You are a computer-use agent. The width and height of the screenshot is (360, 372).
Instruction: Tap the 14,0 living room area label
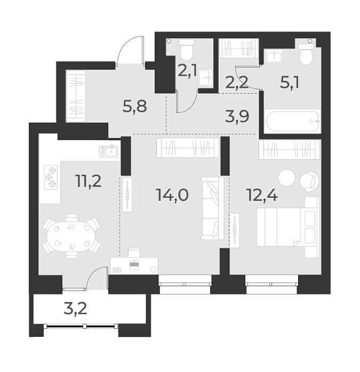(x=172, y=196)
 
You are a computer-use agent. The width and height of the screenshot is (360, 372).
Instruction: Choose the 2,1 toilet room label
(x=186, y=70)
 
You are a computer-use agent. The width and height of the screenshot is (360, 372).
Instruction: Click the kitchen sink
(x=110, y=151)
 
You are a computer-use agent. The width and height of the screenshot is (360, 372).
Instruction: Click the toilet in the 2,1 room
(x=186, y=51)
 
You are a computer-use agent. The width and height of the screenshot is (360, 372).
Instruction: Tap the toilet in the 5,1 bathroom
(x=306, y=54)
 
